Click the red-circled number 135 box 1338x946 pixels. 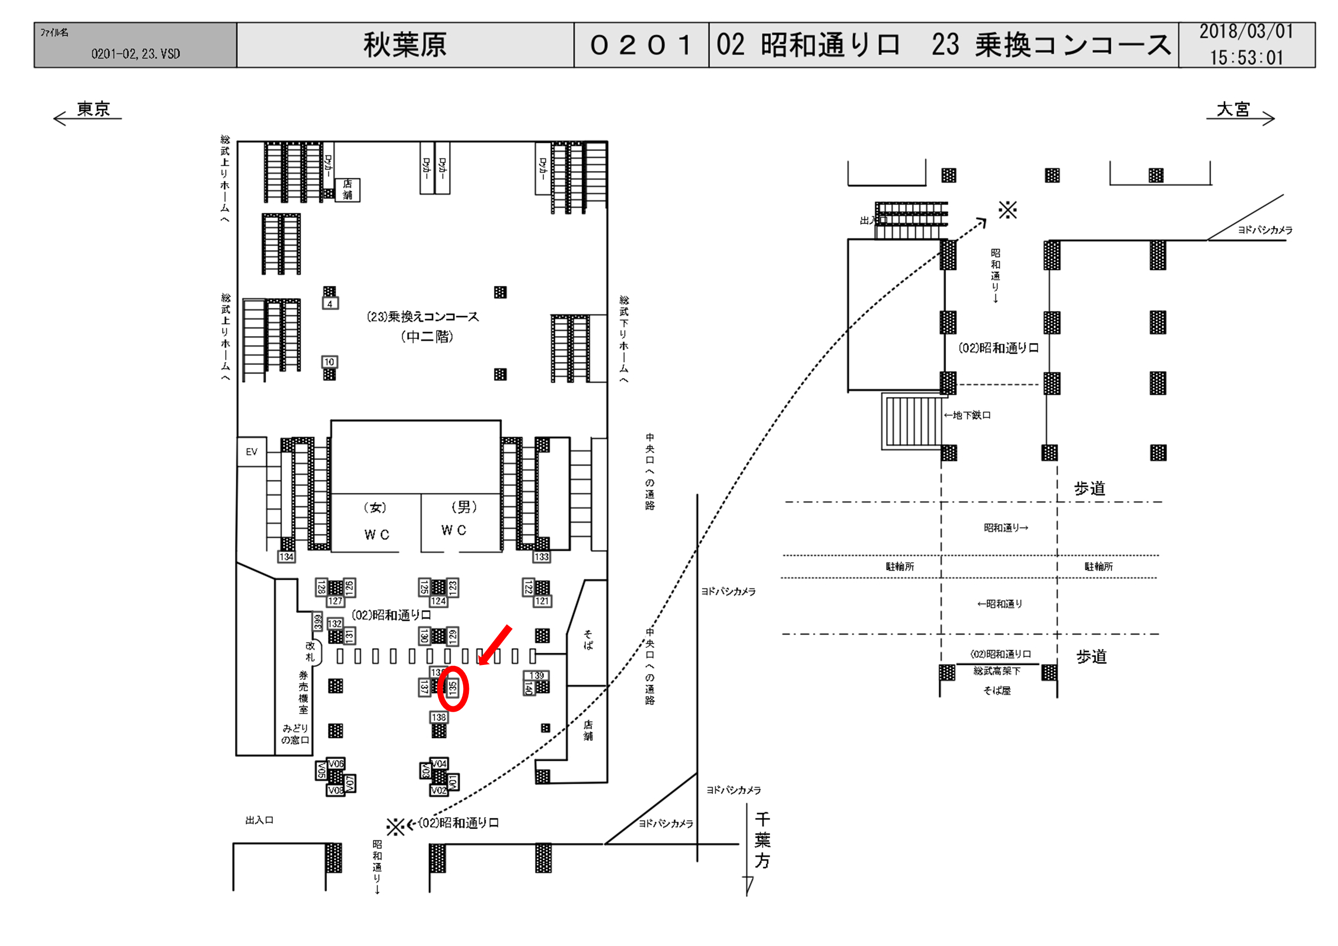click(453, 688)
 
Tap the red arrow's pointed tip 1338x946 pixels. click(480, 663)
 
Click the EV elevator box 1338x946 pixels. click(251, 452)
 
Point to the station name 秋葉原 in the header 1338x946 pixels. click(405, 45)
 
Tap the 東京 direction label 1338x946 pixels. click(93, 109)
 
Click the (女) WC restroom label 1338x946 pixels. click(376, 521)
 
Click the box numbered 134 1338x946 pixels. click(286, 557)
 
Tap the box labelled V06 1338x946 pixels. click(336, 764)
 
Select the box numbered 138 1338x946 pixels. click(439, 717)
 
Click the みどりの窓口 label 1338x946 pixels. click(295, 734)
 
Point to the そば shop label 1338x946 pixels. click(588, 640)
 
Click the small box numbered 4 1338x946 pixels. click(330, 303)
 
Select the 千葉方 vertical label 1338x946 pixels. click(762, 841)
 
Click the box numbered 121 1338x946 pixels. click(542, 601)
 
